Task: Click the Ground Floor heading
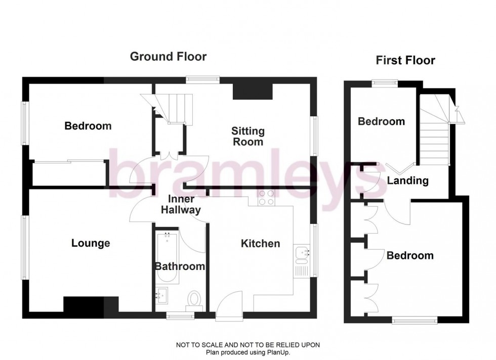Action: point(168,57)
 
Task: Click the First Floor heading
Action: point(405,61)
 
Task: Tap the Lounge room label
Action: point(91,244)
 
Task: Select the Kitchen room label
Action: point(260,244)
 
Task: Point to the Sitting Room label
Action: point(248,137)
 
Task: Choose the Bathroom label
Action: point(180,266)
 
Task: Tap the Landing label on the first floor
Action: point(408,181)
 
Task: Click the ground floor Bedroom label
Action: point(88,126)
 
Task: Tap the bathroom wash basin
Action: point(162,294)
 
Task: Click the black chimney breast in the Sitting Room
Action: point(253,91)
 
